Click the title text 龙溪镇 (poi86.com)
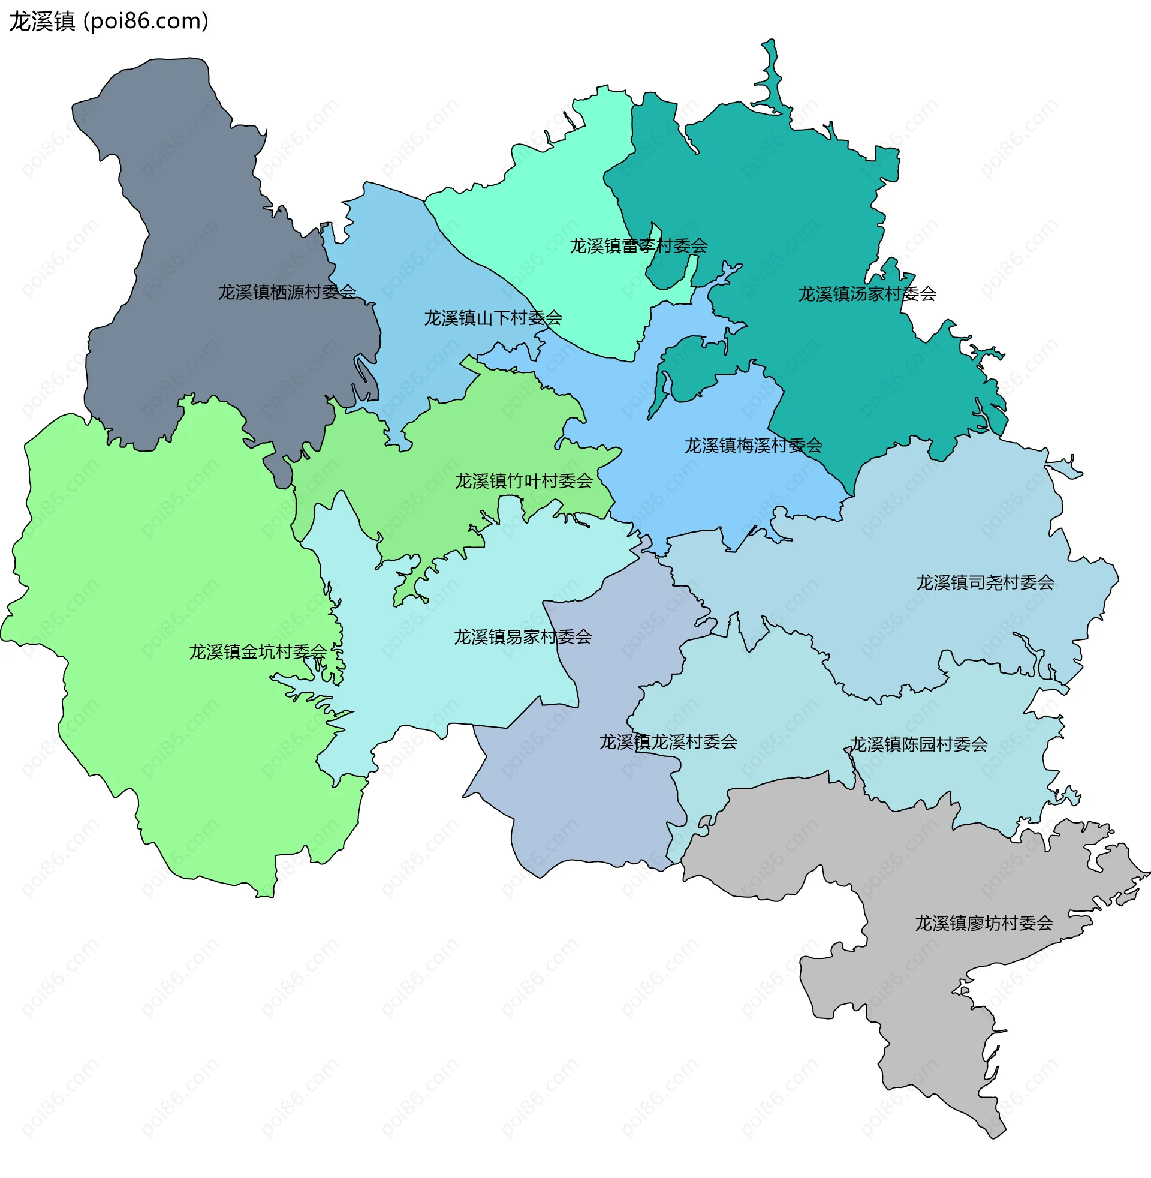109,21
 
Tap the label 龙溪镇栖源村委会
287,292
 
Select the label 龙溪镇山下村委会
493,318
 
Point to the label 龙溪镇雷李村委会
638,245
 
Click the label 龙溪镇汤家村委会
867,294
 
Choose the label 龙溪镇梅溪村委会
753,446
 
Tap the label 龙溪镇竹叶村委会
523,482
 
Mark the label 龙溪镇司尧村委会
985,583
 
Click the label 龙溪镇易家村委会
522,637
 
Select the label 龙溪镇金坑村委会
258,652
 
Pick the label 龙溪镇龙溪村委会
668,742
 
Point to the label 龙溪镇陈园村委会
918,744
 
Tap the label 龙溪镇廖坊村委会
984,924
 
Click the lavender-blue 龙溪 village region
580,804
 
